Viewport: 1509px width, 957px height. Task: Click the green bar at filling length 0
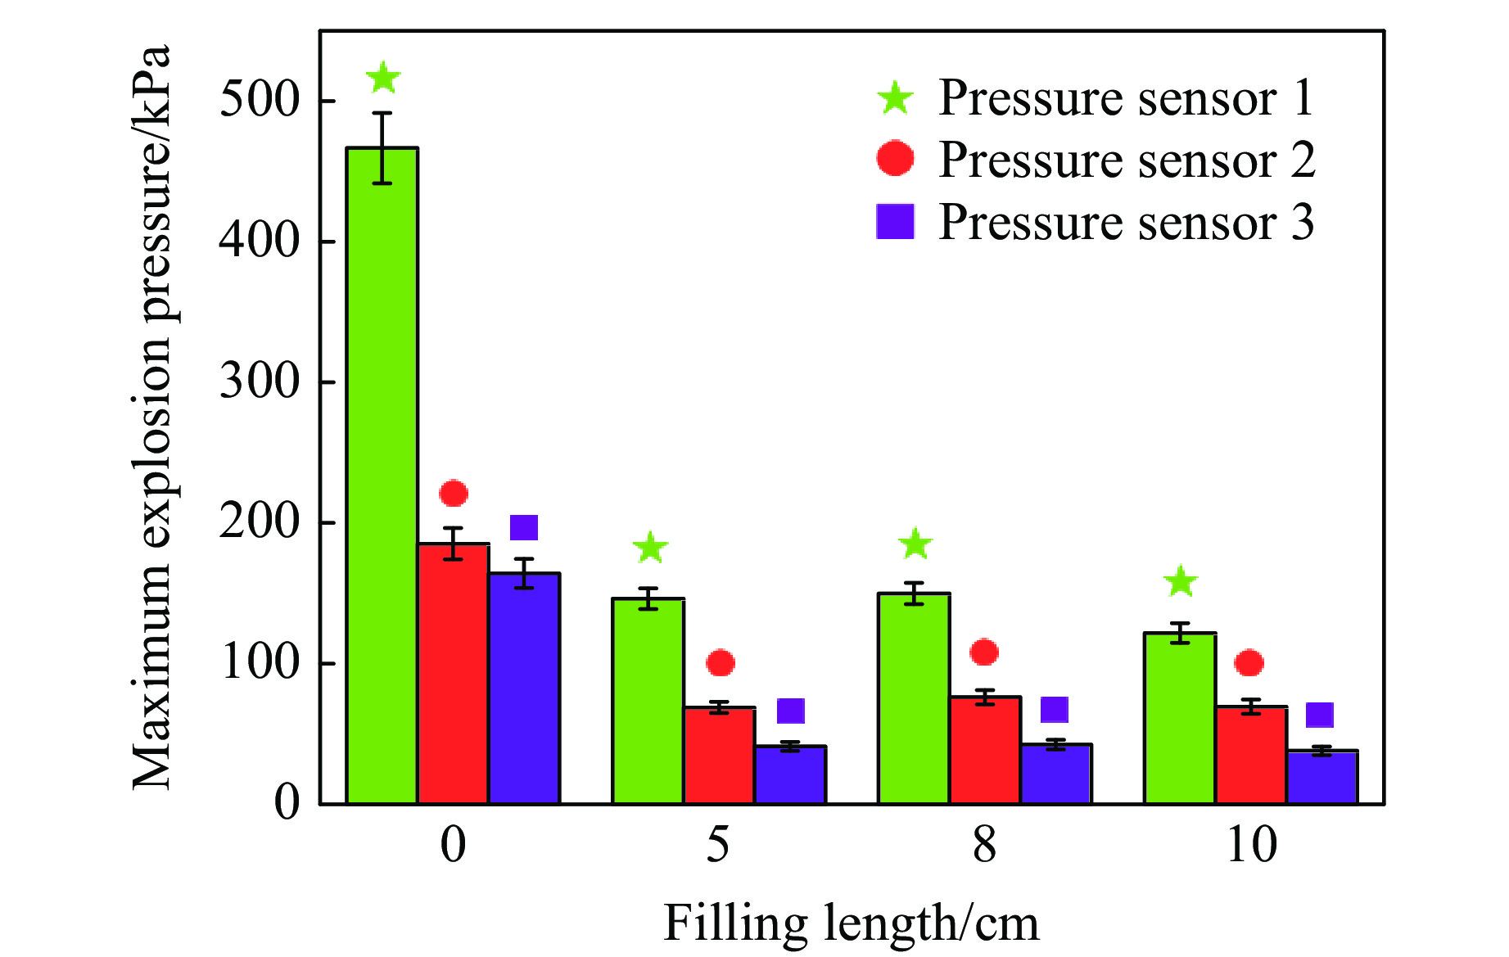pyautogui.click(x=382, y=475)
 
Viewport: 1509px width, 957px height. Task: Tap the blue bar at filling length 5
pyautogui.click(x=790, y=774)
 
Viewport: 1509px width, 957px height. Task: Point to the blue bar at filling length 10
pyautogui.click(x=1322, y=777)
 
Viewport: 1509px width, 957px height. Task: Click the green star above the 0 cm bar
pyautogui.click(x=382, y=79)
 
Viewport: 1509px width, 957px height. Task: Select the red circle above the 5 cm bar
pyautogui.click(x=721, y=663)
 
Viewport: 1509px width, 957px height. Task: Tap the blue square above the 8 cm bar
pyautogui.click(x=1055, y=710)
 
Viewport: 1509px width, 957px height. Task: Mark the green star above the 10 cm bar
pyautogui.click(x=1181, y=582)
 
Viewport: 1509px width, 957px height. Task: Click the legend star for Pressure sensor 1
pyautogui.click(x=896, y=98)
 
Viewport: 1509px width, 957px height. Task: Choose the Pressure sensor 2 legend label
pyautogui.click(x=1126, y=160)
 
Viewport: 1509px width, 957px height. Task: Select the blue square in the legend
pyautogui.click(x=896, y=222)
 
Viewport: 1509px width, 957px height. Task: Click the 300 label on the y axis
pyautogui.click(x=260, y=381)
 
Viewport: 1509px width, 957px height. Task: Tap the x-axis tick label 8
pyautogui.click(x=984, y=845)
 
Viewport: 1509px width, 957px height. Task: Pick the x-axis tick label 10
pyautogui.click(x=1251, y=845)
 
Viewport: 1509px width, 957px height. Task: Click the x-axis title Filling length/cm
pyautogui.click(x=851, y=923)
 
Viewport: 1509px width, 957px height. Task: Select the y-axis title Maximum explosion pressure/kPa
pyautogui.click(x=152, y=418)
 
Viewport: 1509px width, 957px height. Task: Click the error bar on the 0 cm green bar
pyautogui.click(x=382, y=147)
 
